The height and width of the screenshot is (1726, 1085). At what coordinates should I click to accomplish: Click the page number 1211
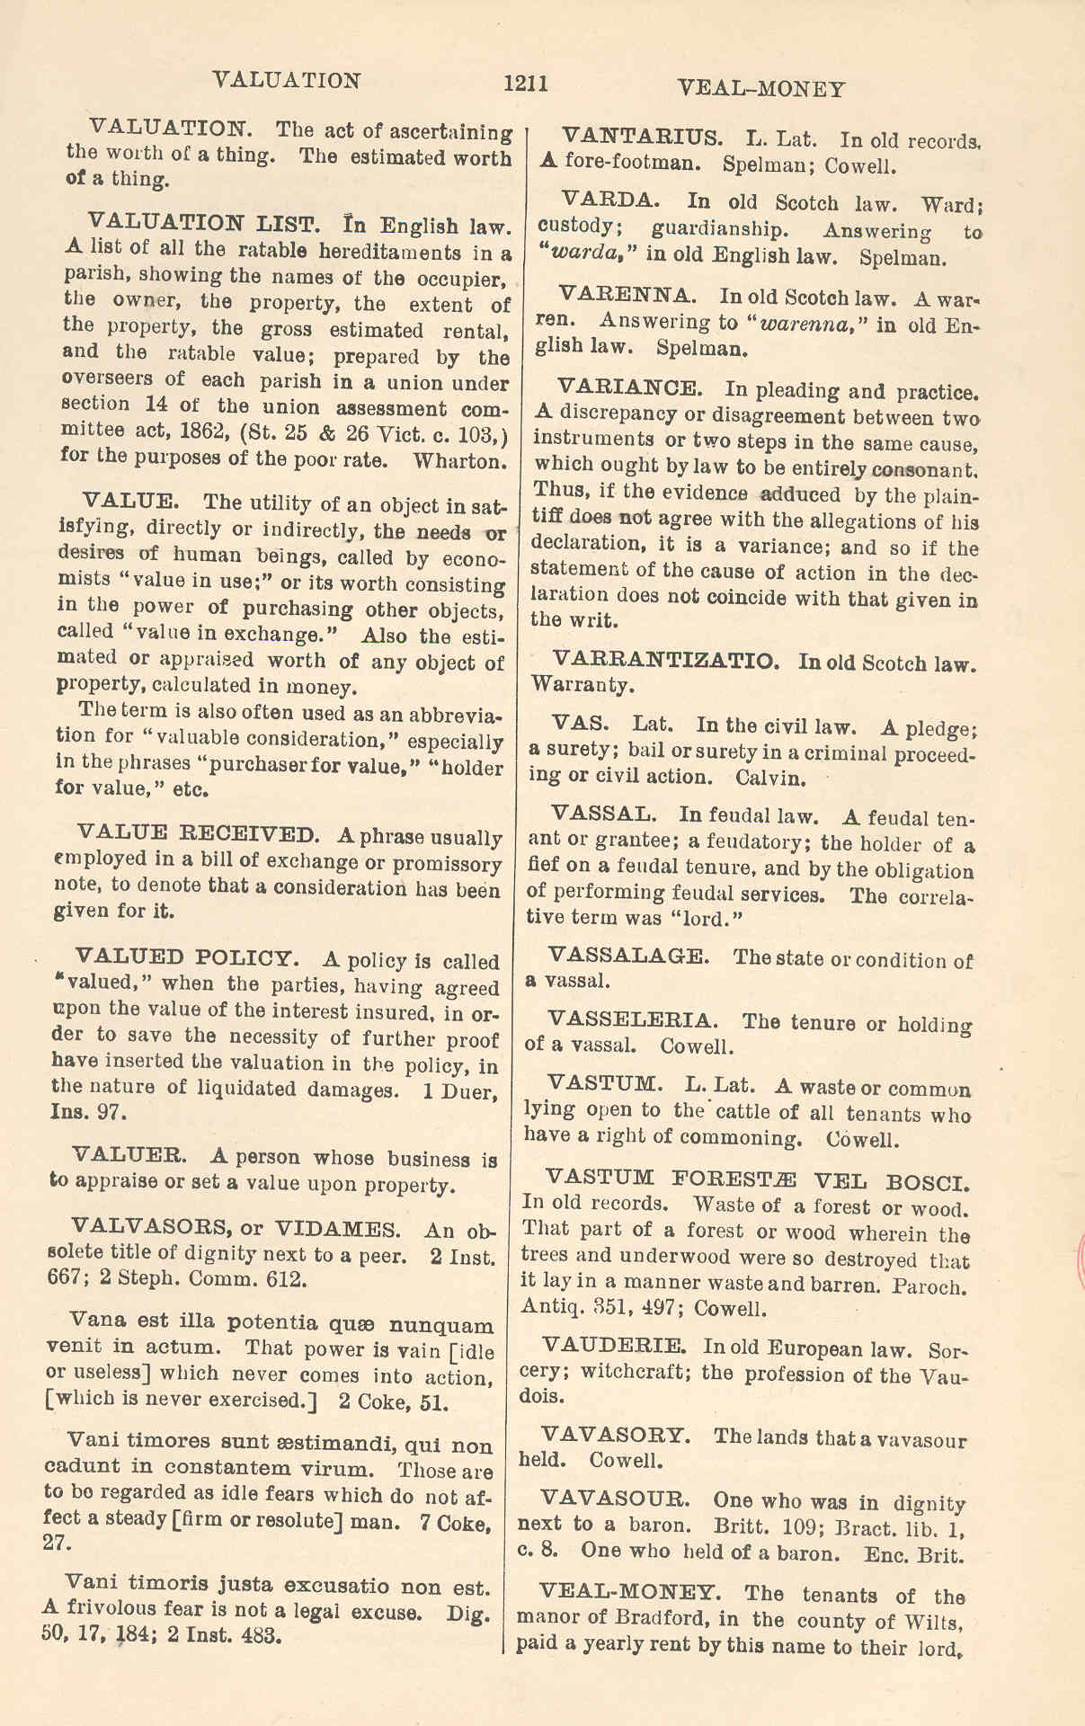click(x=526, y=84)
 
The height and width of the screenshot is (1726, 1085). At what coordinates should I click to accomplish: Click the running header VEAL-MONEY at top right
click(x=760, y=88)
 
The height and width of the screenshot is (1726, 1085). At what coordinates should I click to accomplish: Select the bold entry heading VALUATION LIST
click(x=203, y=222)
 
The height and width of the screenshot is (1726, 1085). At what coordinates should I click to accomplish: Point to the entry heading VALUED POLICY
click(x=185, y=956)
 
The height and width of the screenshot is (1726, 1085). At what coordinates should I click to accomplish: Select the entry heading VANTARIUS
click(x=642, y=137)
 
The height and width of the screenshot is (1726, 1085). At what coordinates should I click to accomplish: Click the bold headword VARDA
click(x=610, y=200)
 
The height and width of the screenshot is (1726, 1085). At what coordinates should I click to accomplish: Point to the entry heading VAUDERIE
click(x=615, y=1346)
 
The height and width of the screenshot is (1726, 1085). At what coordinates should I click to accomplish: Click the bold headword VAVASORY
click(x=616, y=1434)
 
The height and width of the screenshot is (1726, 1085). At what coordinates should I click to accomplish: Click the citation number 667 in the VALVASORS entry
click(x=63, y=1279)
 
